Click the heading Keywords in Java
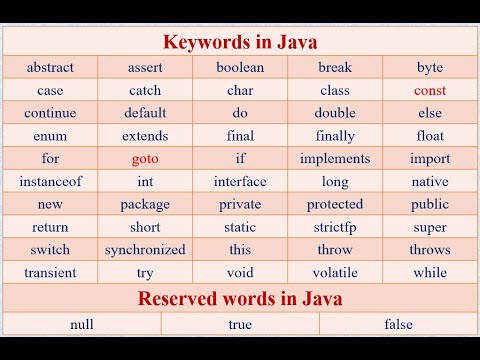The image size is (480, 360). tap(239, 42)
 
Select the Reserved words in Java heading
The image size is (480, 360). tap(239, 298)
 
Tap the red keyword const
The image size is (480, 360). tap(429, 91)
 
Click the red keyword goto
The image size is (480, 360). tap(145, 159)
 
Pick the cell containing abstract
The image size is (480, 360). tap(50, 68)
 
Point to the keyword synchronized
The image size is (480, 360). tap(145, 250)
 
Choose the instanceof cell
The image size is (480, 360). tap(50, 182)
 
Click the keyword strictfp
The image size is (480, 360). tap(335, 227)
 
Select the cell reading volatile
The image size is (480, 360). tap(335, 272)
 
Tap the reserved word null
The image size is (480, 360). tap(82, 324)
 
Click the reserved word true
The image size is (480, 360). tap(240, 324)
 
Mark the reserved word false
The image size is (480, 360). tap(398, 324)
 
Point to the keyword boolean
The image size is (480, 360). tap(240, 68)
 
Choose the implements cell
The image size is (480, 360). tap(335, 159)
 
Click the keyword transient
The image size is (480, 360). tap(50, 272)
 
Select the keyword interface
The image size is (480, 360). tap(240, 182)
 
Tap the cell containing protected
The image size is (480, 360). tap(335, 204)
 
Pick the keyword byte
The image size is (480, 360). tap(429, 68)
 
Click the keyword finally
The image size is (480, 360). tap(335, 136)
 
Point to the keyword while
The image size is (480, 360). tap(429, 272)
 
